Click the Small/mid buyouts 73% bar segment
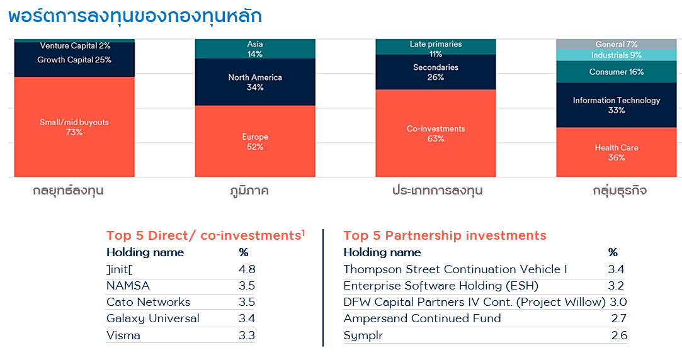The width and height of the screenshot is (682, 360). [x=74, y=127]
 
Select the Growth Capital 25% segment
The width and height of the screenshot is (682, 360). [x=74, y=60]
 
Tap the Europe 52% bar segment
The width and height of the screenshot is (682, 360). [x=255, y=141]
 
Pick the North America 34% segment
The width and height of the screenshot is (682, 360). [x=255, y=82]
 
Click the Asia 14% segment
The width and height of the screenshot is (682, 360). [x=255, y=49]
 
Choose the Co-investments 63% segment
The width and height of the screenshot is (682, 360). [x=436, y=133]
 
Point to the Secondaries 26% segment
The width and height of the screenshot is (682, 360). [x=436, y=72]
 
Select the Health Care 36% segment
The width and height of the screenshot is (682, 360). [x=616, y=152]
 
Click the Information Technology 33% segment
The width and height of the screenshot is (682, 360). [x=616, y=105]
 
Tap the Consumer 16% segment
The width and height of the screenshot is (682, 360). [x=616, y=72]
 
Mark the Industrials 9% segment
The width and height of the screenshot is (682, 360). [x=616, y=55]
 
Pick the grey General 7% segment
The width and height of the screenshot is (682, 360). [x=616, y=44]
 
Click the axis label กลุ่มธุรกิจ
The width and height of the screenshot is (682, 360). [x=616, y=190]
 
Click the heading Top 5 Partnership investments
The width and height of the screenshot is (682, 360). [x=445, y=236]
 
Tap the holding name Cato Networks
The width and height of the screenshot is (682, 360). [x=148, y=302]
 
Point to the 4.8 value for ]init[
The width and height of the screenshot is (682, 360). [x=247, y=269]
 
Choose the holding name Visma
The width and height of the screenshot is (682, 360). [x=123, y=335]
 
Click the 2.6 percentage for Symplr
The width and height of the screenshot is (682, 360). [x=619, y=335]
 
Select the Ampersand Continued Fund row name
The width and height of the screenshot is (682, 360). [x=422, y=318]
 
